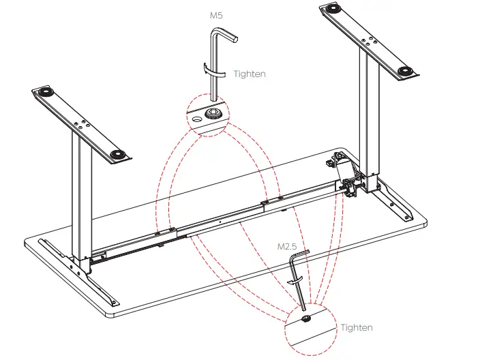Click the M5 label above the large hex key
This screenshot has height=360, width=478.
click(216, 14)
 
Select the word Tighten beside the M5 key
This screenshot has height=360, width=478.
click(250, 74)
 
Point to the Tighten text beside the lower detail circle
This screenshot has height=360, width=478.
click(357, 327)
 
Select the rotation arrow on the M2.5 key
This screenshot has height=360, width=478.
click(295, 280)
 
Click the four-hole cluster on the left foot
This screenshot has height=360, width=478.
click(81, 124)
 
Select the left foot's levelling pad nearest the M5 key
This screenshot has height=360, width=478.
click(119, 155)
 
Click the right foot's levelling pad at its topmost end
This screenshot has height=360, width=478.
click(335, 10)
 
